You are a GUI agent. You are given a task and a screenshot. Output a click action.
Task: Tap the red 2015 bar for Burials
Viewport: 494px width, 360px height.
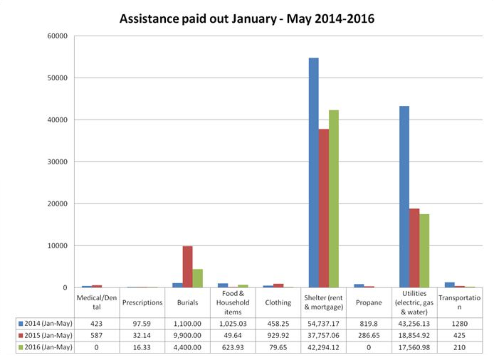point(187,267)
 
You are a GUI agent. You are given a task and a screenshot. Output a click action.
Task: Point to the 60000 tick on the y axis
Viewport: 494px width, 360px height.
point(57,36)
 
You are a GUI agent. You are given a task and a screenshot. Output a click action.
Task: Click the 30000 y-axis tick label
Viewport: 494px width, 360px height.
point(57,162)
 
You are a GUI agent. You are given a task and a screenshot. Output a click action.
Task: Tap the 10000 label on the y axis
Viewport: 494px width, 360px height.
point(57,245)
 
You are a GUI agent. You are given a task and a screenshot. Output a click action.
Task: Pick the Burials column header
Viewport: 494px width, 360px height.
point(186,302)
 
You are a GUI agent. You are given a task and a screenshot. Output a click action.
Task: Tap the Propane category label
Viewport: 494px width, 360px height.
point(369,302)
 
